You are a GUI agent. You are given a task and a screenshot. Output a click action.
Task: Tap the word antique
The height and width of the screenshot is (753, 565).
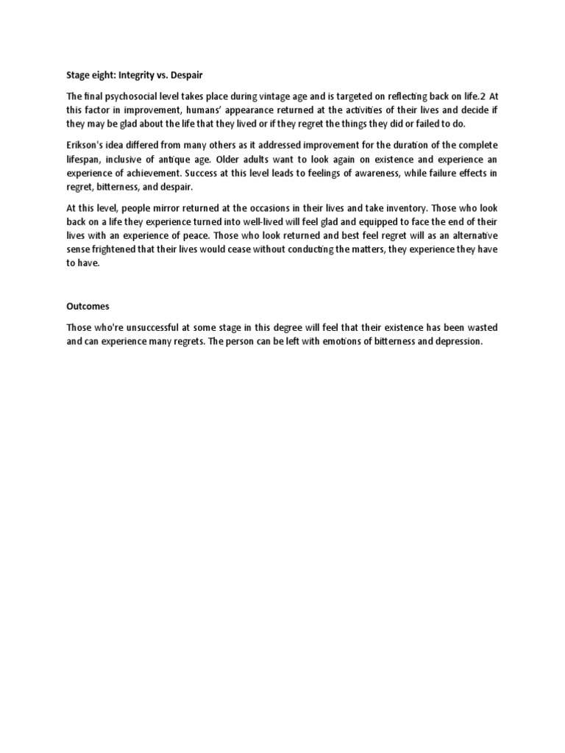(192, 159)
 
